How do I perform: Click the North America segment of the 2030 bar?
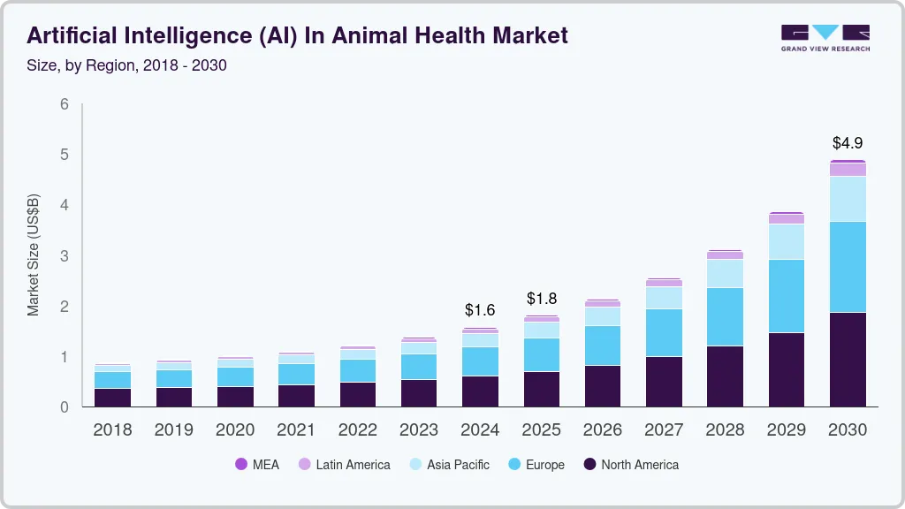coord(848,360)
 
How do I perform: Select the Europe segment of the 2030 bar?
coord(848,267)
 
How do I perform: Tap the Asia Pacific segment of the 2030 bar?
coord(848,199)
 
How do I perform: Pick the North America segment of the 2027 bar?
coord(664,382)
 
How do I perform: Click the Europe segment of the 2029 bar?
coord(786,296)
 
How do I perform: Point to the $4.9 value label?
coord(848,142)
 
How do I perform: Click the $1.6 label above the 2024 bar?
coord(481,310)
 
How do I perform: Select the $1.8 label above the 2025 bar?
coord(542,298)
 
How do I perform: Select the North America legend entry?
coord(631,465)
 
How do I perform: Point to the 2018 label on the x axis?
coord(113,430)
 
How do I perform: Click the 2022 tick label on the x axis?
coord(358,430)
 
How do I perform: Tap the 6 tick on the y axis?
coord(65,104)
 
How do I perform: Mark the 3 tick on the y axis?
coord(65,256)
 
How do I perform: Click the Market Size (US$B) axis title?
coord(34,255)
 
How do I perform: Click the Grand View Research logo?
coord(825,37)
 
